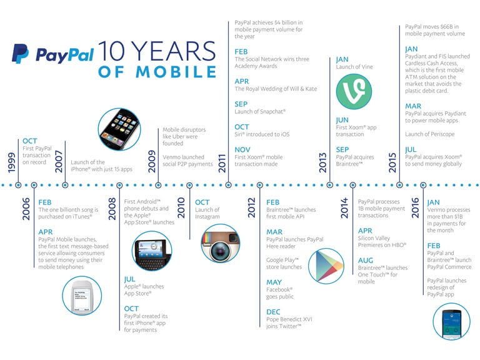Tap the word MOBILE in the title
157,71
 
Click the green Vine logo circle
354,92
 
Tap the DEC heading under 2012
274,311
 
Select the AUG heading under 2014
366,260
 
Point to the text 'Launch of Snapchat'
260,111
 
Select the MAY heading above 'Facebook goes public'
274,281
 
